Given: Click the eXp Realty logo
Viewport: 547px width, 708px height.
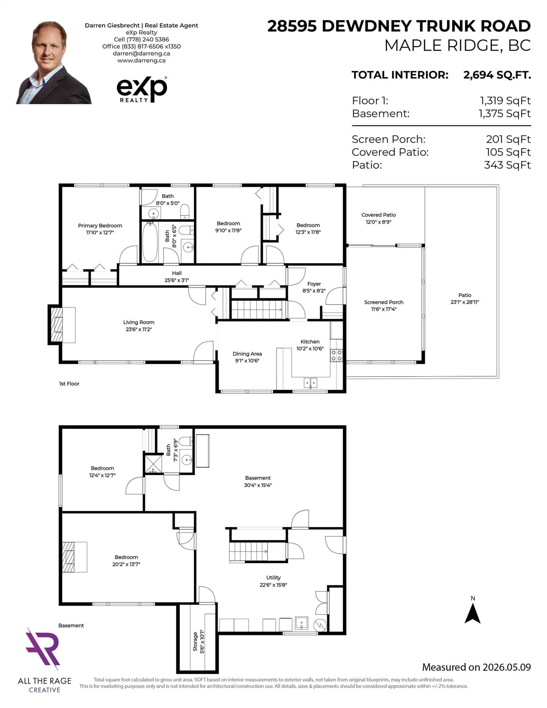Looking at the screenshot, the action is [x=142, y=89].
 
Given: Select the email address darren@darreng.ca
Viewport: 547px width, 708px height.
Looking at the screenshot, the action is [x=141, y=54].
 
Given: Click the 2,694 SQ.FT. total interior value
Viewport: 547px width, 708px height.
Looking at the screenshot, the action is [x=497, y=75].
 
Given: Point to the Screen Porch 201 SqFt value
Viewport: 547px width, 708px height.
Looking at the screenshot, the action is [x=508, y=139].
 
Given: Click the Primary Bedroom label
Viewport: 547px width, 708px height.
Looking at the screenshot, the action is [x=100, y=226].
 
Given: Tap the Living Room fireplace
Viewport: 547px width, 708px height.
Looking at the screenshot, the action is [x=62, y=325].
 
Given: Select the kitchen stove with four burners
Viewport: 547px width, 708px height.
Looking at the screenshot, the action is [x=336, y=355].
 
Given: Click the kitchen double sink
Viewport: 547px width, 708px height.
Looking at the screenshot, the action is [x=310, y=383].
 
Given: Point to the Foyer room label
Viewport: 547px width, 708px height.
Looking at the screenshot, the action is [x=314, y=284].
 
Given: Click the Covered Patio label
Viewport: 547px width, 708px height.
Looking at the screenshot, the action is [x=378, y=215].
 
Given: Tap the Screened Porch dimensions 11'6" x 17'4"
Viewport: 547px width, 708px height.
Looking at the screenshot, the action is [x=383, y=309].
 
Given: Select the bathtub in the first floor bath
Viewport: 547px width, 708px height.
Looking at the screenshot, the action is [x=150, y=242].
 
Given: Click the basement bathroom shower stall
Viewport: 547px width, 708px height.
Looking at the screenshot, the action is [x=153, y=464].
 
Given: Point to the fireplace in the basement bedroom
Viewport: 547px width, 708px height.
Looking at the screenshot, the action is [x=74, y=557].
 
